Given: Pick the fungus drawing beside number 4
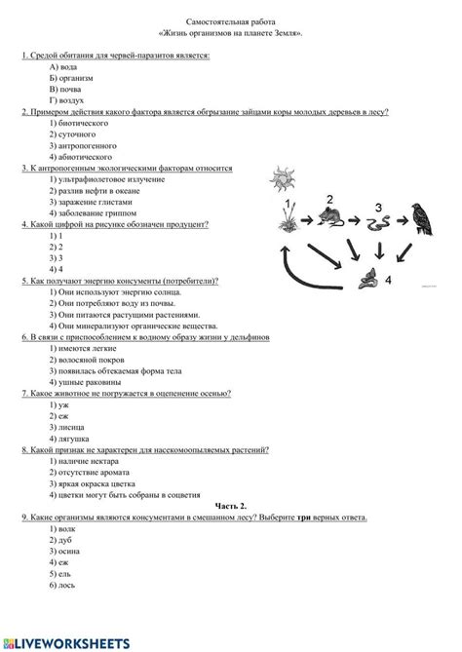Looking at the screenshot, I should click(367, 284).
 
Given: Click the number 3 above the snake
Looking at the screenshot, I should click(379, 205).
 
